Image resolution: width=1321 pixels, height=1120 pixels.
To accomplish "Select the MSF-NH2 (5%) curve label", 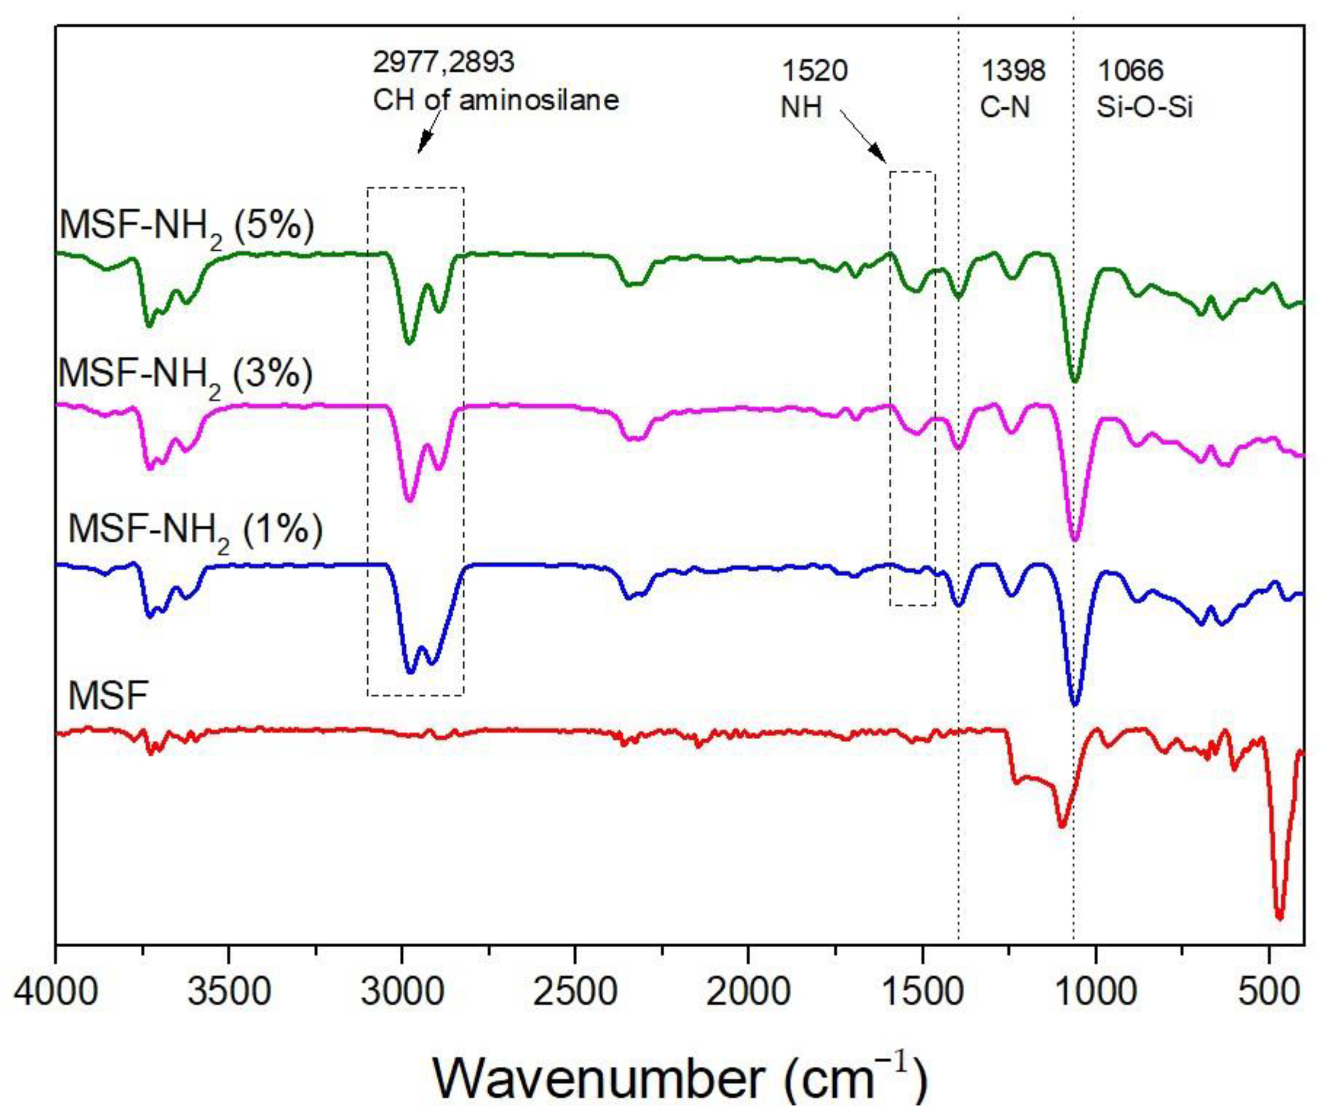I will click(187, 226).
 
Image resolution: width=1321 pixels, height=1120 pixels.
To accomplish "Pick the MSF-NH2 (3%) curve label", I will click(185, 374).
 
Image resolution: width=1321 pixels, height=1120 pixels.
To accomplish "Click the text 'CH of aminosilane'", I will click(495, 100).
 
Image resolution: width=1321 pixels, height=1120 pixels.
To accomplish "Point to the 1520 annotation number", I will click(814, 70).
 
